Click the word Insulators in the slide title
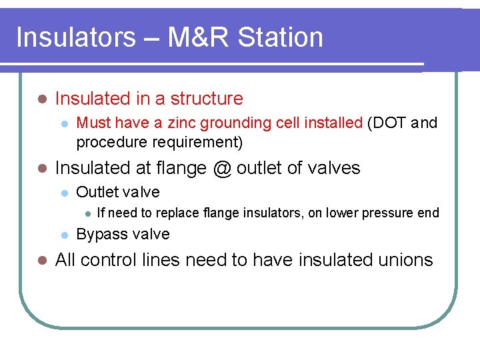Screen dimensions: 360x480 point(75,37)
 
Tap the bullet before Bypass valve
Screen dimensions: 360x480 point(63,235)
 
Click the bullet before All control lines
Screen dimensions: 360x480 point(41,261)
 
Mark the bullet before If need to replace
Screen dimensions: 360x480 point(85,213)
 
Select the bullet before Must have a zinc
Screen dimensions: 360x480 point(63,123)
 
